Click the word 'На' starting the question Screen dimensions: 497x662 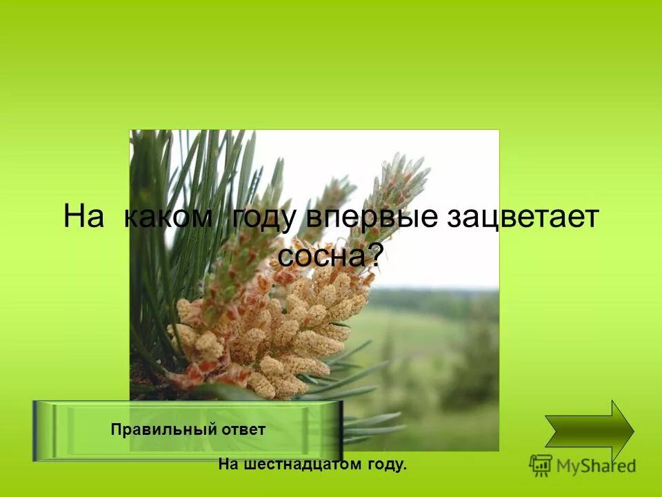point(83,217)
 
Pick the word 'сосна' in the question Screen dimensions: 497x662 point(319,257)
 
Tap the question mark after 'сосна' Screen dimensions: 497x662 point(374,257)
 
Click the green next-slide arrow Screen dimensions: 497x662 point(589,431)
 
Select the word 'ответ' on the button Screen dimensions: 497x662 point(243,429)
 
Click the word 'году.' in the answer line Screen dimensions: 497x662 point(385,465)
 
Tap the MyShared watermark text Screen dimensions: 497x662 point(596,466)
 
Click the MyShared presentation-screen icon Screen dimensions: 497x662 point(541,465)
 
